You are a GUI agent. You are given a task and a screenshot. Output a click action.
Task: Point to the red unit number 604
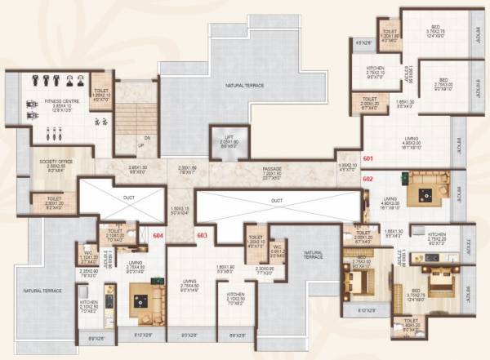[158, 235]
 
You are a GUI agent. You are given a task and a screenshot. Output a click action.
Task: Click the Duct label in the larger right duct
[277, 198]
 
